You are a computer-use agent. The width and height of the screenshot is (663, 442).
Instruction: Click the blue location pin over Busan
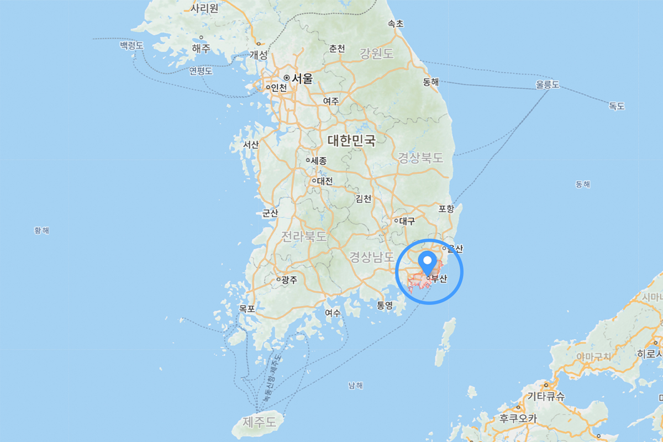[x=427, y=261]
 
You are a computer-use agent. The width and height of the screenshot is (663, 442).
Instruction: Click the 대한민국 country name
[x=351, y=140]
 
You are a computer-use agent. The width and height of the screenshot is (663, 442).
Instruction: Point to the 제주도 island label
[x=259, y=423]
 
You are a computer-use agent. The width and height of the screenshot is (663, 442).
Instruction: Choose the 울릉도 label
[x=547, y=85]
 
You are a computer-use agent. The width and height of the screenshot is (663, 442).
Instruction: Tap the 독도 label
[x=617, y=106]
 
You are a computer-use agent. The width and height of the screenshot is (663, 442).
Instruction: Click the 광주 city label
[x=289, y=280]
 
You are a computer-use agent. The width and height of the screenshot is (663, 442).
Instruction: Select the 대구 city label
[x=406, y=221]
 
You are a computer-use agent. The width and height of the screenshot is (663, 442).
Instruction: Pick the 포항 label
[x=446, y=208]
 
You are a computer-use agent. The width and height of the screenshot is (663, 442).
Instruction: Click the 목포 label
[x=246, y=308]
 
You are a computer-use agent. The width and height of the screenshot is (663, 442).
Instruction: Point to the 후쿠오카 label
[x=518, y=418]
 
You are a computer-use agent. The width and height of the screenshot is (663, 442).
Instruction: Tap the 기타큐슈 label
[x=546, y=396]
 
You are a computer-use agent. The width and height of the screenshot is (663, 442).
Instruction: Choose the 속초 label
[x=396, y=24]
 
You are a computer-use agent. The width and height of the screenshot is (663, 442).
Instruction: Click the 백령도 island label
[x=131, y=45]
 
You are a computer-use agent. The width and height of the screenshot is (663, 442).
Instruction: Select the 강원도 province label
[x=376, y=54]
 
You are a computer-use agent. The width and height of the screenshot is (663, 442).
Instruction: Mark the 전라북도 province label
[x=304, y=236]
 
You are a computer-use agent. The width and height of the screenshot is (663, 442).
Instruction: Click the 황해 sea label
[x=41, y=230]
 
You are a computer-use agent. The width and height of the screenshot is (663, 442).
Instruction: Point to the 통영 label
[x=385, y=305]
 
